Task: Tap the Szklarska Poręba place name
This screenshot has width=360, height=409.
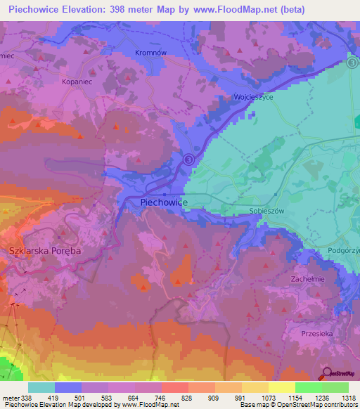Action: click(x=45, y=251)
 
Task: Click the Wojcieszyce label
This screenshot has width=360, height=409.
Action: click(x=253, y=98)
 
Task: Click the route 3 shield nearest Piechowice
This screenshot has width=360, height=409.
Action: click(x=188, y=160)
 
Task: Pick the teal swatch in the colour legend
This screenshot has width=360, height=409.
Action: click(x=41, y=387)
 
